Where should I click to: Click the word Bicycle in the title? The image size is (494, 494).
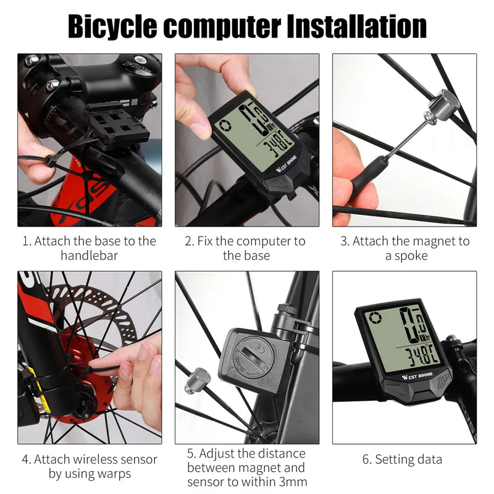tap(112, 27)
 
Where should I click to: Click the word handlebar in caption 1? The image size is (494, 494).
tap(89, 256)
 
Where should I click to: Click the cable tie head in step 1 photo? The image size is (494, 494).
tap(51, 161)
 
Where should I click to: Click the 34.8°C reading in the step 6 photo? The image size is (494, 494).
tap(422, 357)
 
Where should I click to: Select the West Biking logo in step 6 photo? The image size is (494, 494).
tap(417, 376)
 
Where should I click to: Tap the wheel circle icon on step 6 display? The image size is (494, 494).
tap(376, 317)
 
